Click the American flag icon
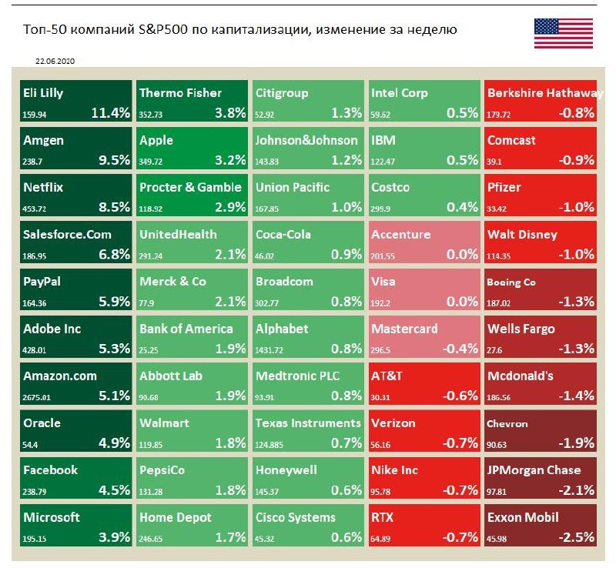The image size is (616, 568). pyautogui.click(x=563, y=33)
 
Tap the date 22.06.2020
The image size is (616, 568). pyautogui.click(x=55, y=60)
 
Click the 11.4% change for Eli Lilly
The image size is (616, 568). pyautogui.click(x=110, y=112)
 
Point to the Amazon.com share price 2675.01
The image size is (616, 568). pyautogui.click(x=39, y=397)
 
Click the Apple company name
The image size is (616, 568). pyautogui.click(x=156, y=140)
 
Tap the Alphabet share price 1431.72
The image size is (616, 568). pyautogui.click(x=270, y=349)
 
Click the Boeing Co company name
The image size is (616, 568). pyautogui.click(x=512, y=282)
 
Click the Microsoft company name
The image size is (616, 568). pyautogui.click(x=52, y=517)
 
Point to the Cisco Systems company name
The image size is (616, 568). pyautogui.click(x=296, y=517)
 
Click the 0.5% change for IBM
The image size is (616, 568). pyautogui.click(x=462, y=160)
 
